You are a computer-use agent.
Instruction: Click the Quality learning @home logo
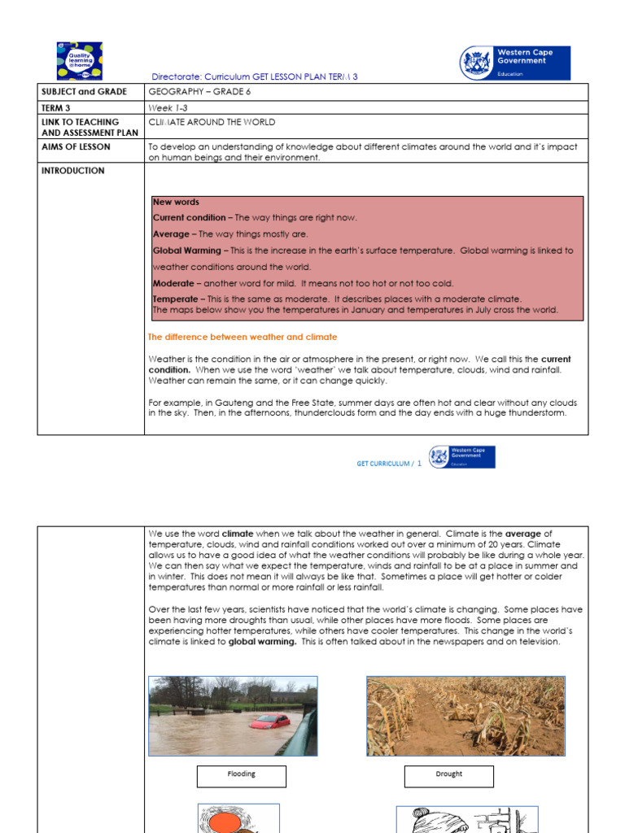click(x=79, y=60)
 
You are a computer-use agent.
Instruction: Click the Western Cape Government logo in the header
click(x=515, y=63)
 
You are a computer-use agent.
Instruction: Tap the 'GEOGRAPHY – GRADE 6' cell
click(x=199, y=92)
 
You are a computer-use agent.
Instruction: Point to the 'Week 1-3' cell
click(x=167, y=107)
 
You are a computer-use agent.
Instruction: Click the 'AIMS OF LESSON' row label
click(x=76, y=147)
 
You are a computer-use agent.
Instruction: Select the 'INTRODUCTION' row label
click(x=72, y=171)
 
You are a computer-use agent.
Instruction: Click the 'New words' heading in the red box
click(x=176, y=202)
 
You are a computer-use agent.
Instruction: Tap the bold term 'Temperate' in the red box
click(x=175, y=299)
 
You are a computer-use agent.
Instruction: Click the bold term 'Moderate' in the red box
click(x=173, y=283)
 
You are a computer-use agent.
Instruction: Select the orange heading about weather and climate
click(x=243, y=337)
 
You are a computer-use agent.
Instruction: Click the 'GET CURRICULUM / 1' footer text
click(x=389, y=464)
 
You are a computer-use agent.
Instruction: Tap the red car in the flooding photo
click(x=269, y=721)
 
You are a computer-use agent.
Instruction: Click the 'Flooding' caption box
click(x=241, y=775)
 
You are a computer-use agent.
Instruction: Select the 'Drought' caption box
click(x=448, y=775)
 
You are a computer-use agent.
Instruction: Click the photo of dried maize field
click(x=465, y=715)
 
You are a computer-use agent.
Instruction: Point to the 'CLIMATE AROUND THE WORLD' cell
click(x=212, y=122)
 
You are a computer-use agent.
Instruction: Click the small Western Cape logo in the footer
click(x=461, y=456)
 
